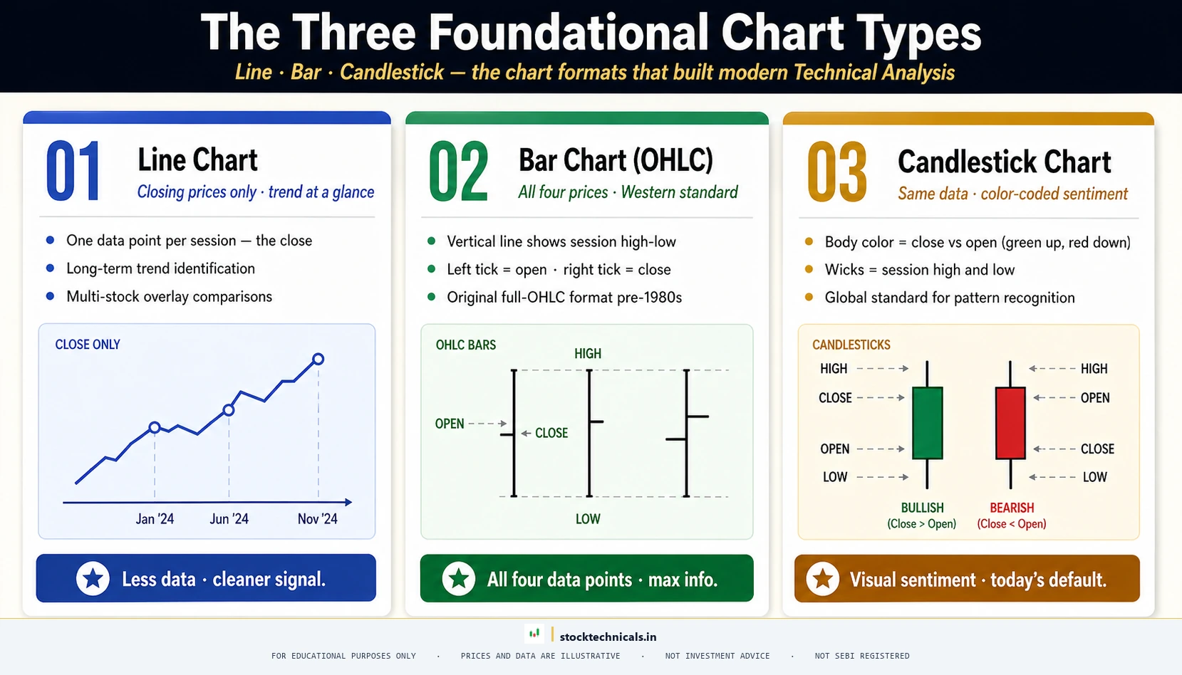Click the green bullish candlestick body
click(927, 423)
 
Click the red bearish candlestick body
click(1010, 423)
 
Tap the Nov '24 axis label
click(317, 519)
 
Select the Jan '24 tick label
click(155, 519)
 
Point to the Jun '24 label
click(229, 519)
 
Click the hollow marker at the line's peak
click(318, 359)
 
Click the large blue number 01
click(73, 172)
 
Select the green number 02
click(459, 172)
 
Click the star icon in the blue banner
click(93, 578)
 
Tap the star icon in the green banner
click(459, 579)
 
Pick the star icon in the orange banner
click(823, 579)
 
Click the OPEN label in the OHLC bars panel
click(450, 424)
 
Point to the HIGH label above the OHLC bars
click(588, 354)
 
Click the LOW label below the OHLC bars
click(588, 519)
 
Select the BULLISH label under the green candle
click(922, 508)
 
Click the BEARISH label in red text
click(1012, 508)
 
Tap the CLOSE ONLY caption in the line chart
click(88, 345)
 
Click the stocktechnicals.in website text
click(608, 637)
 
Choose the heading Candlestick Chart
click(1004, 162)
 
